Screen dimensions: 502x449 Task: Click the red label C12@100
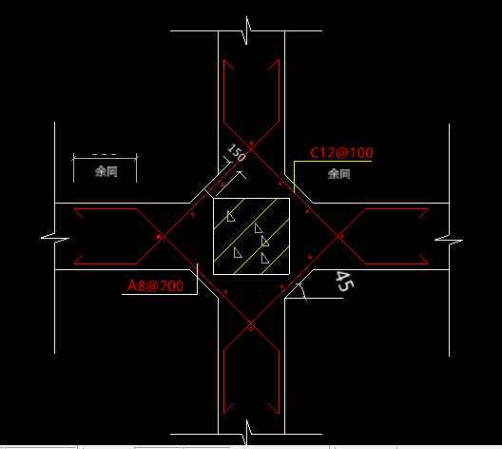(341, 152)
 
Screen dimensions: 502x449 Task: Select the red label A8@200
(155, 285)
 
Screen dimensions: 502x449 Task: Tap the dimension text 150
(237, 153)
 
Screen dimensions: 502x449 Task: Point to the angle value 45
(344, 282)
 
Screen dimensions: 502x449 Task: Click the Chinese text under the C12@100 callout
(338, 174)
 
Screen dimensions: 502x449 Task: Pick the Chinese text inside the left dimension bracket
(106, 171)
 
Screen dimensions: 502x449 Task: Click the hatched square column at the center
(251, 236)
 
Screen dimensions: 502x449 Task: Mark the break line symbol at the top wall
(247, 30)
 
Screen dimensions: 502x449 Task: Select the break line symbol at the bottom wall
(247, 433)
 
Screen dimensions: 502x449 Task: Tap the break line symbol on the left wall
(55, 238)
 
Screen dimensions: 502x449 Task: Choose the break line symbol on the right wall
(449, 239)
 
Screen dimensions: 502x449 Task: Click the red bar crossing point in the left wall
(161, 237)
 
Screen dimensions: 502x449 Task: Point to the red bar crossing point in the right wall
(339, 236)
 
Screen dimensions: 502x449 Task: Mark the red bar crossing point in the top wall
(251, 148)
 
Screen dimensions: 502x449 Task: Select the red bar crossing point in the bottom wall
(251, 325)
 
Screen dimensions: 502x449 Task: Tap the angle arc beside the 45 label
(303, 291)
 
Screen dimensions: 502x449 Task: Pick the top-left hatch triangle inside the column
(230, 216)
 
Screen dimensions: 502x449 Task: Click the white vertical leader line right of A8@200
(198, 279)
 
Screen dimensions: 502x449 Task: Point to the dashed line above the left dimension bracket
(105, 155)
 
